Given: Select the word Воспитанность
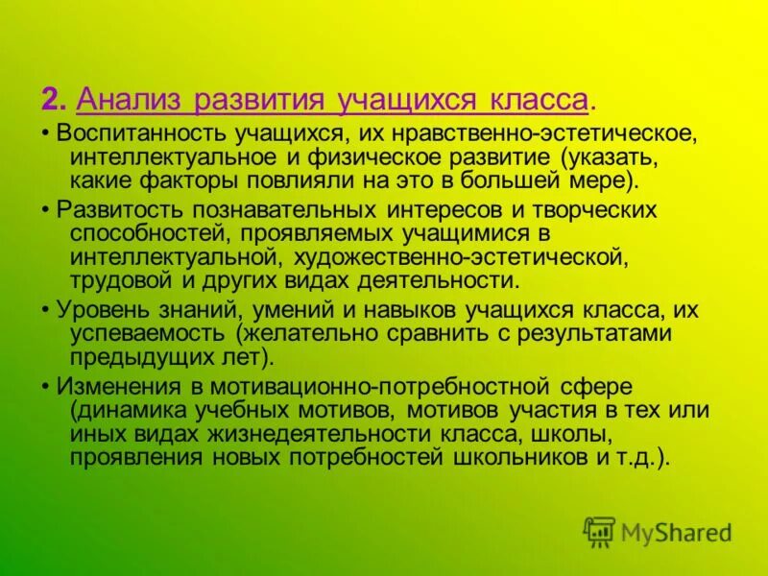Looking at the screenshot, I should click(x=131, y=134).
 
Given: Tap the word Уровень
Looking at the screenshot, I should click(x=96, y=311).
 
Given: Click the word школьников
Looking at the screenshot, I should click(x=516, y=456).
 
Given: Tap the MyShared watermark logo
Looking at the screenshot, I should click(x=658, y=532).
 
